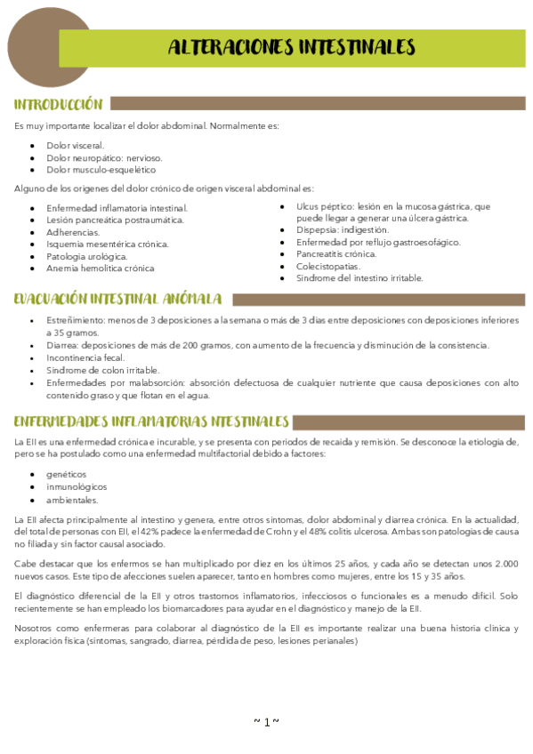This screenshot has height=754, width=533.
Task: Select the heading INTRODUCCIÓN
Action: coord(59,104)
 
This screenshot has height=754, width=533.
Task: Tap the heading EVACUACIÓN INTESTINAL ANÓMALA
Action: coord(117,299)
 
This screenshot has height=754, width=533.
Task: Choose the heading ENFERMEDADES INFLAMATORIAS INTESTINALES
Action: coord(151,421)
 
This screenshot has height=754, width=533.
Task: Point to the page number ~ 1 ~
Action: coord(267,721)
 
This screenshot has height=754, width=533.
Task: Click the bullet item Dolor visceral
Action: coord(75,145)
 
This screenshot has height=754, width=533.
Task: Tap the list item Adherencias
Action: coord(73,231)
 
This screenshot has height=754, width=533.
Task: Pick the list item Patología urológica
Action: coord(87,256)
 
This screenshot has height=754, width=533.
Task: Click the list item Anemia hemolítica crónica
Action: coord(100,268)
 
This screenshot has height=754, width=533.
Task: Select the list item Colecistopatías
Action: coord(328,266)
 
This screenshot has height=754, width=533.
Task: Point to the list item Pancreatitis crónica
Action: coord(336,253)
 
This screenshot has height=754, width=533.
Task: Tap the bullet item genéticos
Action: coord(67,474)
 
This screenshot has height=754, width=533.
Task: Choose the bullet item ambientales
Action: coord(72,500)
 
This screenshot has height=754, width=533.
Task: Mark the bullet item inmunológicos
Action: coord(77,487)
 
